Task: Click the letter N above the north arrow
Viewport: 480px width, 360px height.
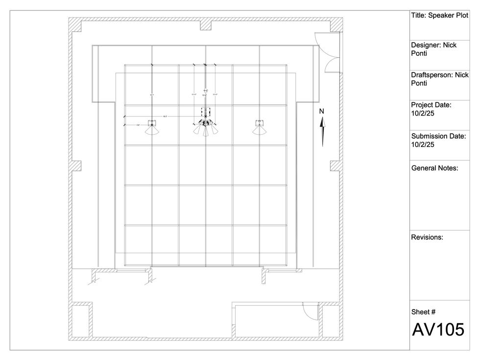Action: point(322,111)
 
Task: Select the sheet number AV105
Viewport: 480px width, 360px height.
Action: point(437,330)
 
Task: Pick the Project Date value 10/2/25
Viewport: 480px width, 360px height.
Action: point(423,113)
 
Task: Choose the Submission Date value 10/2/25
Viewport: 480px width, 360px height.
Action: point(423,144)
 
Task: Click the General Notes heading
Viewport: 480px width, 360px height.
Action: point(434,168)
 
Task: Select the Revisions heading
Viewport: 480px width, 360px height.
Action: point(427,237)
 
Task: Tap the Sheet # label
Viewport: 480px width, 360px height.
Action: point(423,312)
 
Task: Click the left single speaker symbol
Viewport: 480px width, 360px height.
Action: point(152,128)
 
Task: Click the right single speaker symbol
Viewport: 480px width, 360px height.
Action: point(260,128)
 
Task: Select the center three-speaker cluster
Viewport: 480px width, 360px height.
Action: point(205,129)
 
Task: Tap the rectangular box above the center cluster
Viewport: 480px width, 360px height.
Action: point(205,113)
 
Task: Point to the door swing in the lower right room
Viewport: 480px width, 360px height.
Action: point(310,310)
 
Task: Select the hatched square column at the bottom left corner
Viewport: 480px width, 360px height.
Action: point(80,321)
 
